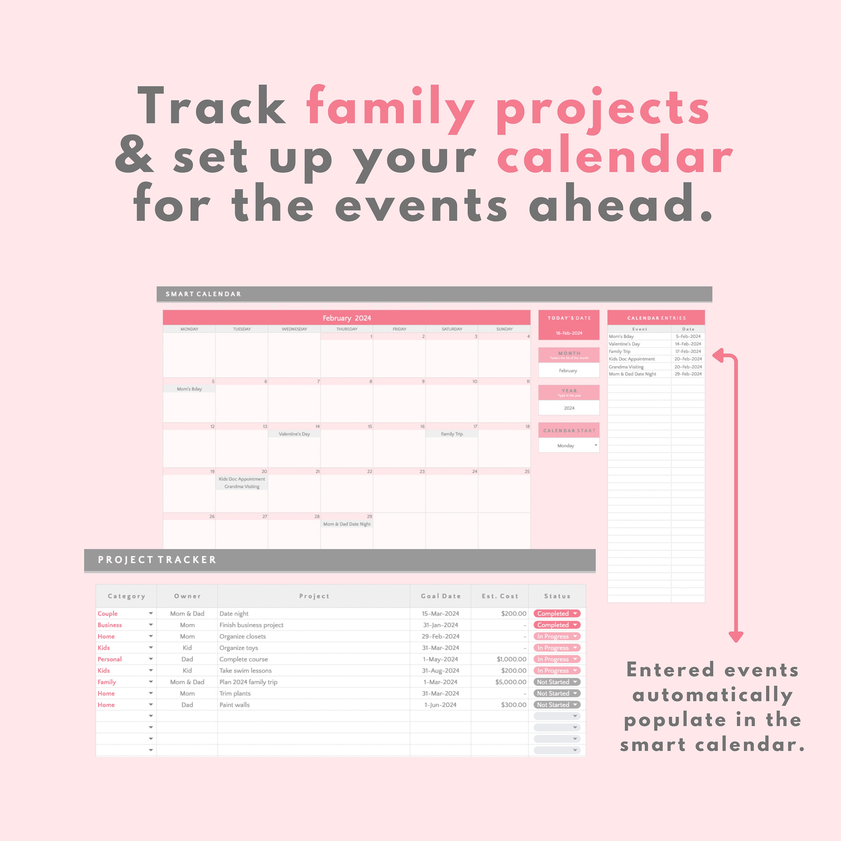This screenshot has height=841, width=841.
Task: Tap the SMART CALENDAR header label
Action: (203, 294)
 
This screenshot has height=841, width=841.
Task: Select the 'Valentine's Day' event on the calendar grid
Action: (294, 434)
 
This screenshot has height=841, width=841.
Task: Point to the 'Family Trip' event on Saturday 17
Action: (452, 434)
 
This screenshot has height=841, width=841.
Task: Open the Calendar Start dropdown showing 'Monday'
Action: (595, 445)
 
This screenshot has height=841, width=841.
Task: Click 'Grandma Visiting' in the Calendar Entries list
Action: (626, 366)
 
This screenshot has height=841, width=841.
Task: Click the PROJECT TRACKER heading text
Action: (157, 560)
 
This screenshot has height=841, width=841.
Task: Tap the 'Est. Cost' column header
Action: (500, 596)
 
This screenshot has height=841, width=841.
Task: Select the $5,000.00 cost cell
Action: (510, 682)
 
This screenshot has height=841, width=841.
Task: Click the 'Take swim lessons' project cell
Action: (246, 670)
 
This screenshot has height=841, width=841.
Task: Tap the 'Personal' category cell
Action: (110, 659)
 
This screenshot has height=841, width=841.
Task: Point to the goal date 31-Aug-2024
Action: (440, 670)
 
